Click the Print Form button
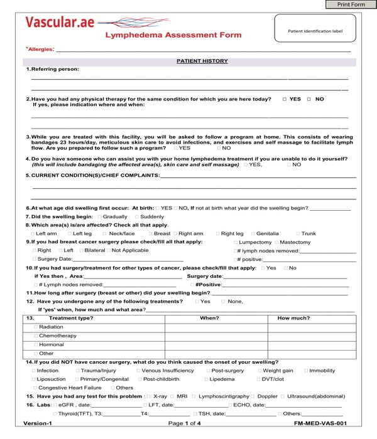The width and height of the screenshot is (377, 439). [x=351, y=4]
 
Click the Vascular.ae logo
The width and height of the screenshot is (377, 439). [x=60, y=23]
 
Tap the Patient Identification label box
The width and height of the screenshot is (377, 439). [x=315, y=30]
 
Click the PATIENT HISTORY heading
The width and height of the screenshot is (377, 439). [x=202, y=61]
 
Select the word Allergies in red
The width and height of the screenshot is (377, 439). [x=40, y=49]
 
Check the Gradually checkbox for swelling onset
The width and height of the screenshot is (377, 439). [x=100, y=216]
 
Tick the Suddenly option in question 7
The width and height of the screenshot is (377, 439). [x=136, y=216]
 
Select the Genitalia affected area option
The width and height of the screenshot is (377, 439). [x=253, y=233]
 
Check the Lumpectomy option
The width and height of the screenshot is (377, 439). [x=236, y=242]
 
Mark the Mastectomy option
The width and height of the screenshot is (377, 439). [x=276, y=242]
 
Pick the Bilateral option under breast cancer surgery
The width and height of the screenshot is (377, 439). [x=79, y=250]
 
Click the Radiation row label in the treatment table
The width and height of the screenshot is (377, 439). [x=50, y=327]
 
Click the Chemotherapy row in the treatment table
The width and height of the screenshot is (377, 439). [x=57, y=336]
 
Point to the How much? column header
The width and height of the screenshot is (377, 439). [x=293, y=318]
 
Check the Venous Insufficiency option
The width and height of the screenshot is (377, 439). [x=138, y=371]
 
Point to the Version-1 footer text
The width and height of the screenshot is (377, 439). [x=38, y=424]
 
